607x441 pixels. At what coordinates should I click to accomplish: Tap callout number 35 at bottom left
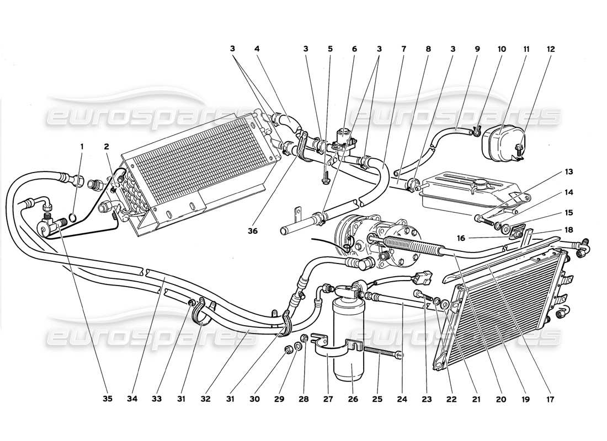(x=108, y=399)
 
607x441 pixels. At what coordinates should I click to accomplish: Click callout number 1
(x=82, y=147)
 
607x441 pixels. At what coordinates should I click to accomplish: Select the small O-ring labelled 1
(x=73, y=216)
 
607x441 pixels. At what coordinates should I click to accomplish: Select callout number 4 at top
(x=257, y=49)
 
